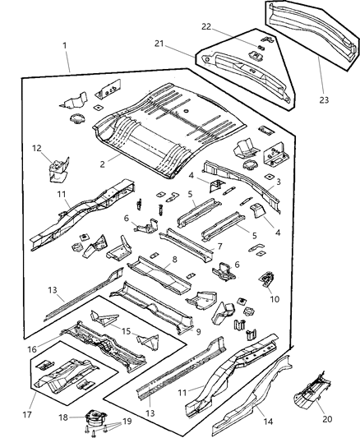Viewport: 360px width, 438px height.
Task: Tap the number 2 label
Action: click(103, 164)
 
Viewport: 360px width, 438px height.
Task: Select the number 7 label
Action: click(219, 247)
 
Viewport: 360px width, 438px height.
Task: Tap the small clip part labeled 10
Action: click(268, 280)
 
